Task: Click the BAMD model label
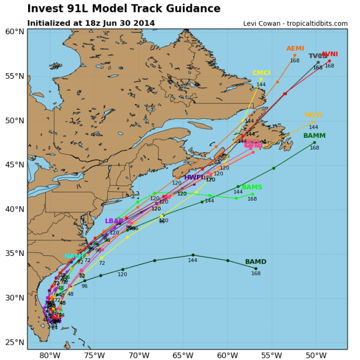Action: click(x=255, y=262)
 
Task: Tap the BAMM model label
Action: click(x=314, y=136)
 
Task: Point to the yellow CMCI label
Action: click(x=261, y=73)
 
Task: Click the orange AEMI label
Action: click(x=295, y=49)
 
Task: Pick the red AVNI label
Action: click(x=330, y=54)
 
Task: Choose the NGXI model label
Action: click(x=313, y=115)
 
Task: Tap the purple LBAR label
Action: click(x=114, y=221)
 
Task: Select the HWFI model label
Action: click(x=193, y=178)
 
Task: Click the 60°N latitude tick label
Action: click(x=15, y=31)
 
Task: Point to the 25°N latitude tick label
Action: click(x=15, y=342)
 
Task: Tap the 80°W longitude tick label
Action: click(x=50, y=354)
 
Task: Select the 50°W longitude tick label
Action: click(x=315, y=354)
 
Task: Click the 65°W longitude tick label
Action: click(x=183, y=354)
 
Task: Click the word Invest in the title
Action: click(x=46, y=9)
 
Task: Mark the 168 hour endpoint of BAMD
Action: click(x=255, y=268)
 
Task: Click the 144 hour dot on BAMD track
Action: click(x=193, y=255)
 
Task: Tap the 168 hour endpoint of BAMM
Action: click(x=314, y=143)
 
